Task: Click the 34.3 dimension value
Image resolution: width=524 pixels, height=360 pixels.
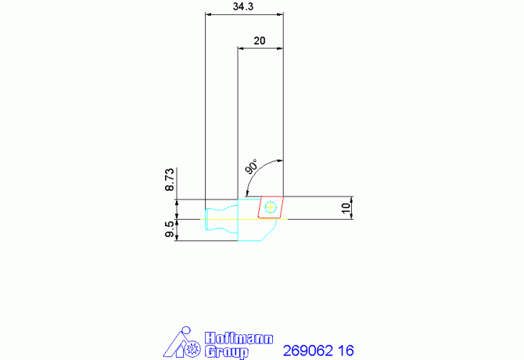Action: click(x=243, y=6)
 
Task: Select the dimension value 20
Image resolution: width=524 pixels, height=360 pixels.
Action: click(x=260, y=41)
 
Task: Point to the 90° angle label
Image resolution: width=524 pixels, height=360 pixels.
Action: click(x=252, y=166)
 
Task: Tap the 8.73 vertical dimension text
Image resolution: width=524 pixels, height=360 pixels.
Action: click(x=170, y=179)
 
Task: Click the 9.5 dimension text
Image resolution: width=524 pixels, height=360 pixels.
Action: click(x=170, y=229)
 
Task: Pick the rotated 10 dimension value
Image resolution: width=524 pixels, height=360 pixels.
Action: click(x=346, y=207)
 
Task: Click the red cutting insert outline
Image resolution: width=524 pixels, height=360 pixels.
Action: click(x=259, y=207)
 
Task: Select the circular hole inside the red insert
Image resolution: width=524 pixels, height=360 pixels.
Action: click(x=271, y=207)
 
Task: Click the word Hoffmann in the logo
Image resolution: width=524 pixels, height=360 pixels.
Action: click(x=239, y=338)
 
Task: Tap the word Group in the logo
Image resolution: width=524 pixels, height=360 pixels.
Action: click(x=227, y=352)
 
